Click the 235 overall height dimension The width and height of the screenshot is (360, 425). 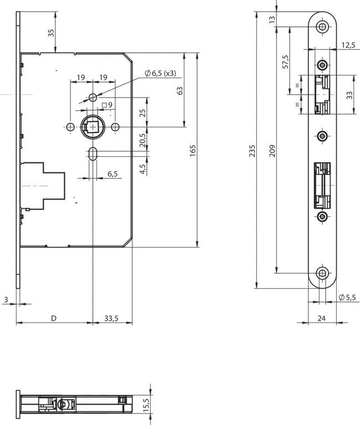(253, 150)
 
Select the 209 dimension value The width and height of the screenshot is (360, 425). (272, 150)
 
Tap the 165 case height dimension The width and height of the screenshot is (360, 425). (192, 150)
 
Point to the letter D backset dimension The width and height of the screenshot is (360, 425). (54, 318)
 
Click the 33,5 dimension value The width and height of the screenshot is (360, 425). (111, 318)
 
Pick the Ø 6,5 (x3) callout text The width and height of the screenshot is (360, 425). (161, 73)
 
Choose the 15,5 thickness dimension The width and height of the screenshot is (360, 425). (146, 405)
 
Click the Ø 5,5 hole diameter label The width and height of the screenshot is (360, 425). (347, 298)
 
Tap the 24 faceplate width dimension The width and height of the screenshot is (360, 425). (321, 318)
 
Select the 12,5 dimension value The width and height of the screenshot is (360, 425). (348, 45)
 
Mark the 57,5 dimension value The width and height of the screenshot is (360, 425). (286, 62)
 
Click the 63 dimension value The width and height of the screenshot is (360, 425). (179, 90)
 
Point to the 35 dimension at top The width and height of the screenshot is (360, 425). (51, 33)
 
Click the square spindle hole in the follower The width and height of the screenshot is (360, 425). (94, 126)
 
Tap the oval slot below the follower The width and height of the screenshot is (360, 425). (93, 153)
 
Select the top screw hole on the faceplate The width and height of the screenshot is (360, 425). (322, 27)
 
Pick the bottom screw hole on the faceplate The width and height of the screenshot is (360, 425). (322, 273)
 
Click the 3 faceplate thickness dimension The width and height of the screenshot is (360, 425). (6, 300)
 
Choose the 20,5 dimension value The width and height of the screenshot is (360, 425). (143, 140)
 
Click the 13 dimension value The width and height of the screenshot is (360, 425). (272, 19)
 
